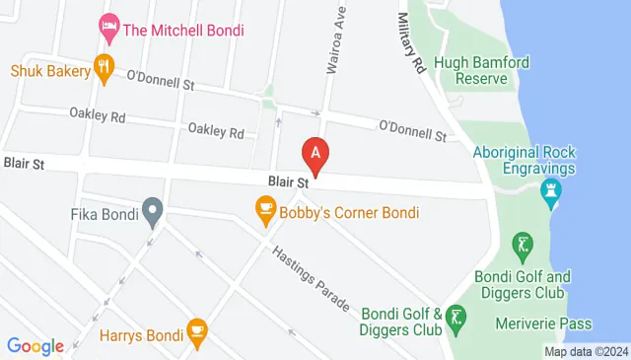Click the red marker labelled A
315,154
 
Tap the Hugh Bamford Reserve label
489,72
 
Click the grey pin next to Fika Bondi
152,210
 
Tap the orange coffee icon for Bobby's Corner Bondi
264,208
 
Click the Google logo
35,345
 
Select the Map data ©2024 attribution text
586,351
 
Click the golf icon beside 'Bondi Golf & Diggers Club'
456,318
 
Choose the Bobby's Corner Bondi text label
350,212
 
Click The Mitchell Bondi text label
183,29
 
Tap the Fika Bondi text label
104,212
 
